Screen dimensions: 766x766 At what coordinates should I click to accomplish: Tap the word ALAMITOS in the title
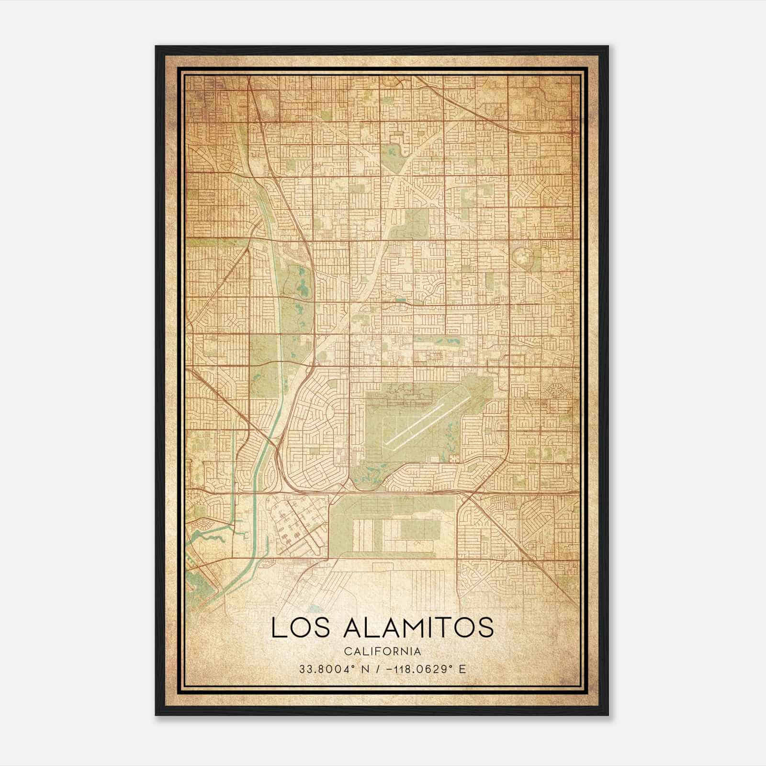click(418, 627)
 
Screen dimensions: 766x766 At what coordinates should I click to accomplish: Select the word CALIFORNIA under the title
click(383, 651)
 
